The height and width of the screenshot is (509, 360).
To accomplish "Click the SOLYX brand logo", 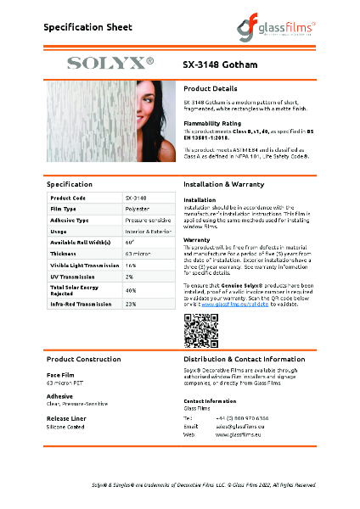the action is click(110, 63).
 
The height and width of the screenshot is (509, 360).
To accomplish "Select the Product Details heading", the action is click(210, 88).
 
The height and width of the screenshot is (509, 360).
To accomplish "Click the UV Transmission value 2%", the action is click(129, 277).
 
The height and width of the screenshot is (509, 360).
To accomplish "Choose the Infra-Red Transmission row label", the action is click(81, 303).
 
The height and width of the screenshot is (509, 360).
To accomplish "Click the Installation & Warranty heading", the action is click(223, 183).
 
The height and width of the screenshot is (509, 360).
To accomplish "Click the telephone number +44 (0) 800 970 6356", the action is click(243, 419).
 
